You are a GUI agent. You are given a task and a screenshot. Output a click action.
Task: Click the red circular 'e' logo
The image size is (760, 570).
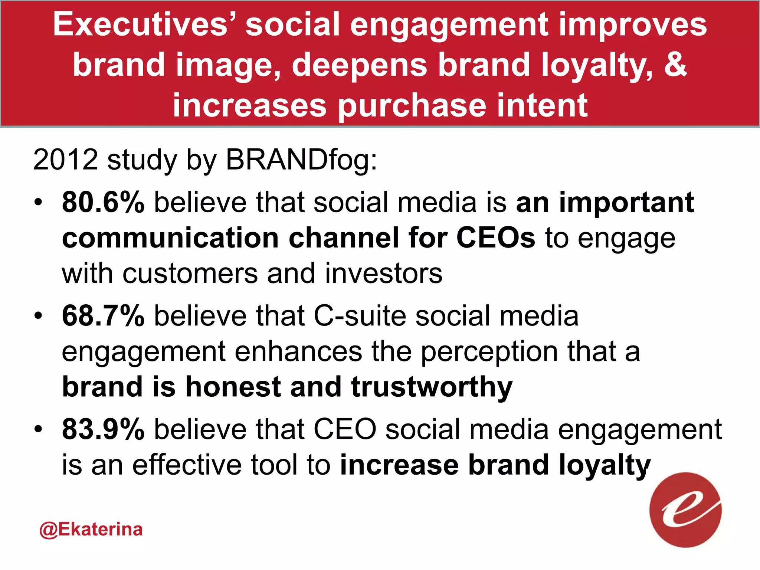(x=685, y=510)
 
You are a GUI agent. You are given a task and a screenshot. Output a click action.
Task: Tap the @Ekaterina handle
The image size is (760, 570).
(x=91, y=529)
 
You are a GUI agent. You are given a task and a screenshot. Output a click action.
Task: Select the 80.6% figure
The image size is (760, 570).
(x=103, y=203)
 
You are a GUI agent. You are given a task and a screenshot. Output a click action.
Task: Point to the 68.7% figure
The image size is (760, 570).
(x=103, y=316)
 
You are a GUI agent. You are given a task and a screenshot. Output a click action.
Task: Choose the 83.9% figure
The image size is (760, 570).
(x=103, y=429)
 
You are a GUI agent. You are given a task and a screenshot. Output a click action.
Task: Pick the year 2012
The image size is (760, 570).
(x=65, y=160)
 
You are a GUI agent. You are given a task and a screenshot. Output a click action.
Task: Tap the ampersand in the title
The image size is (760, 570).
(x=675, y=64)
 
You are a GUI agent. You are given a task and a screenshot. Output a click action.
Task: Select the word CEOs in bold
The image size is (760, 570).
(x=496, y=238)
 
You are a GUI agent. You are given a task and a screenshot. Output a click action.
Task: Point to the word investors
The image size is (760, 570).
(x=384, y=273)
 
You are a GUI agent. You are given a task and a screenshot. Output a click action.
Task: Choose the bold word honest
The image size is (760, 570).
(x=233, y=387)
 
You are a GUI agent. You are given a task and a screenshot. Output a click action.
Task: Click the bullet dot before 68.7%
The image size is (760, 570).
(x=37, y=317)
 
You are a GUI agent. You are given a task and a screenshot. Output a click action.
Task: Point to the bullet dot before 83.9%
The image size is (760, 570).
(x=37, y=430)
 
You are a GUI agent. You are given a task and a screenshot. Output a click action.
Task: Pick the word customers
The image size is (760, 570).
(x=190, y=273)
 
